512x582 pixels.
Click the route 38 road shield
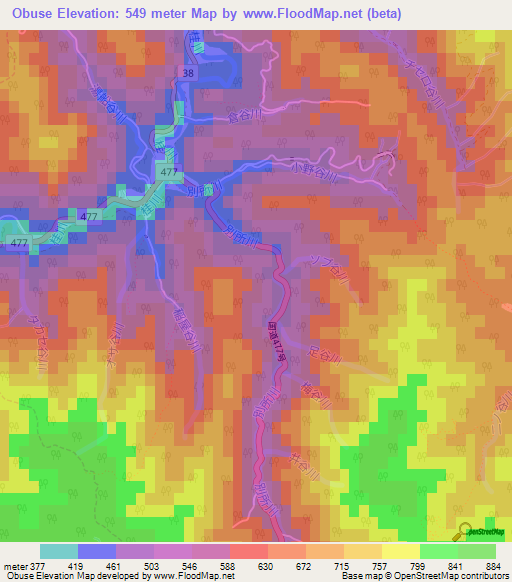pos(189,74)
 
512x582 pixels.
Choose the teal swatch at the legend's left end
pos(59,552)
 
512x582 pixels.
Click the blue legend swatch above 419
pos(97,552)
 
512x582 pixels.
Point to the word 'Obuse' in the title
pos(31,14)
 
